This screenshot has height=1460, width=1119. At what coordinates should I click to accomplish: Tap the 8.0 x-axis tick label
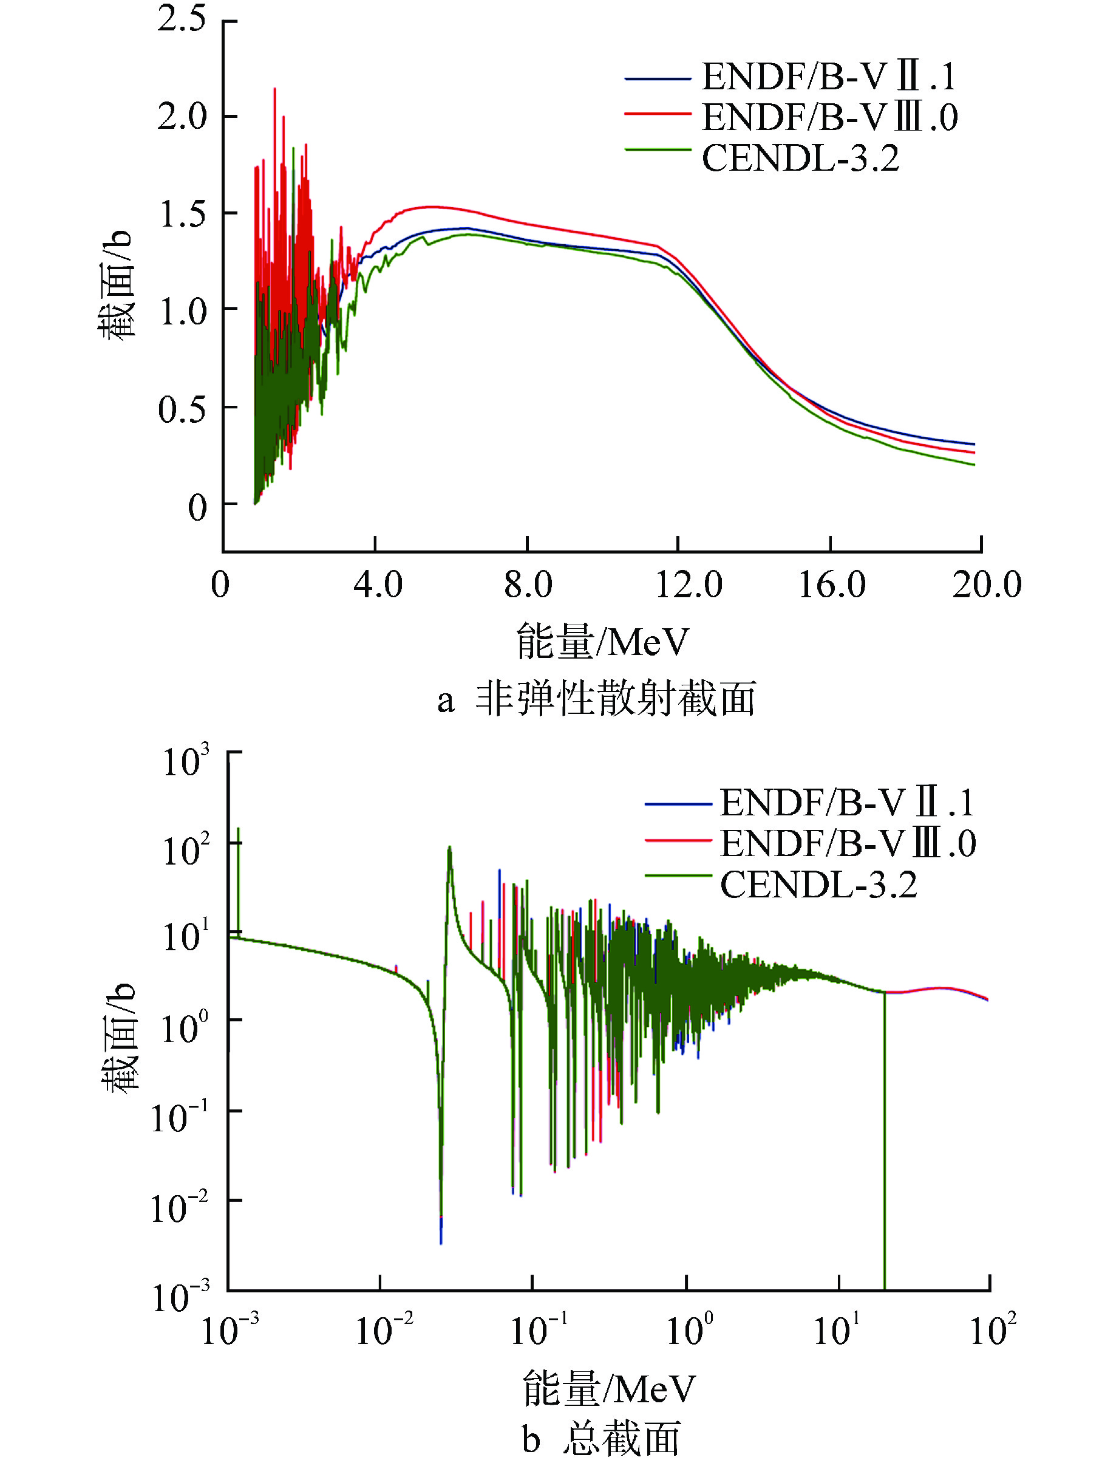point(528,585)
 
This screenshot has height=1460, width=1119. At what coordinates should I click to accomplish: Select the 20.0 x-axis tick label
point(986,585)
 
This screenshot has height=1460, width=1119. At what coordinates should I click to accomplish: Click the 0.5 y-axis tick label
point(181,409)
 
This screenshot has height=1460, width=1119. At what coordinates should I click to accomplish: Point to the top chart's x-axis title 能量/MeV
point(602,642)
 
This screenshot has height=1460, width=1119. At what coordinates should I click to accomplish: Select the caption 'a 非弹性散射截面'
point(596,700)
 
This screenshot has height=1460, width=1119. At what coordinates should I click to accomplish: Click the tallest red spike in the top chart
point(275,90)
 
